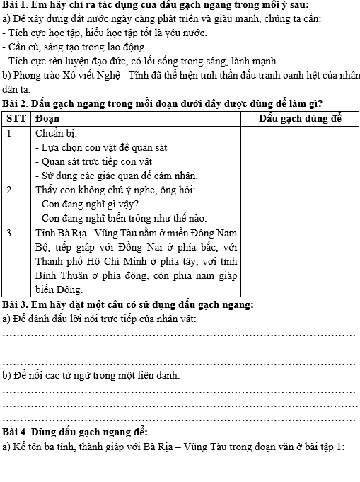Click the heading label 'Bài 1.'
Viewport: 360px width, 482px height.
pyautogui.click(x=16, y=5)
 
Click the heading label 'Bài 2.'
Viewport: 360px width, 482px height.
pyautogui.click(x=16, y=103)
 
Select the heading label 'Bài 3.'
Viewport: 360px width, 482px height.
pyautogui.click(x=16, y=304)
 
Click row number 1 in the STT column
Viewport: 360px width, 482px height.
pyautogui.click(x=9, y=132)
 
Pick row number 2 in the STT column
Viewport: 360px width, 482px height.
pyautogui.click(x=9, y=190)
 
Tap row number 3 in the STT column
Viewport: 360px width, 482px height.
pyautogui.click(x=9, y=232)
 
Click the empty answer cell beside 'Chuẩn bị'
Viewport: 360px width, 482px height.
pyautogui.click(x=300, y=154)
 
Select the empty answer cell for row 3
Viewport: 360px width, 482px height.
pyautogui.click(x=300, y=260)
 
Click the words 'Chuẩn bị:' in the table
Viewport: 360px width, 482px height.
pyautogui.click(x=57, y=132)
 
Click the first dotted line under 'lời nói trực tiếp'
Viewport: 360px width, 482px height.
pyautogui.click(x=180, y=334)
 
